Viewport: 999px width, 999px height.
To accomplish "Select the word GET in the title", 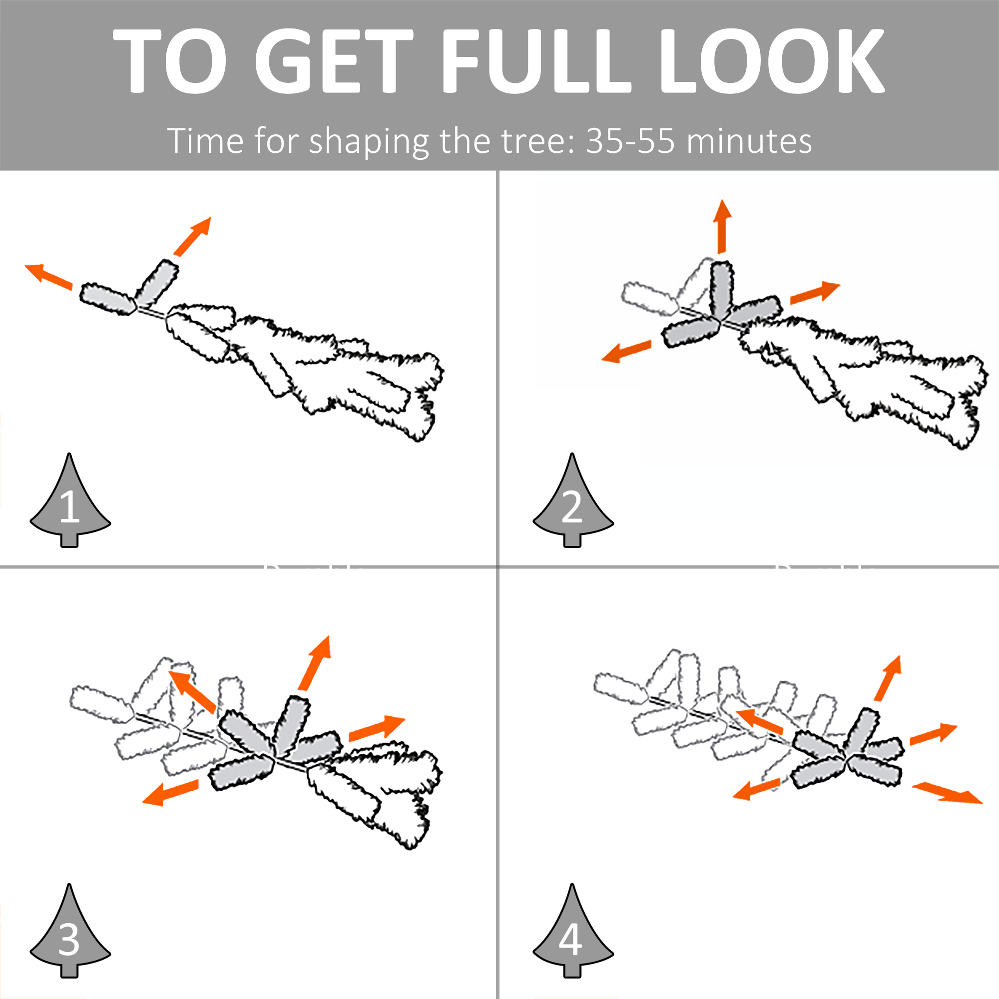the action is tap(334, 60).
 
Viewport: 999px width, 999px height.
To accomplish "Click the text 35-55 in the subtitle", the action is tap(630, 141).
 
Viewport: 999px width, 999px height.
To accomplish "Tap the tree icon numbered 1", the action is tap(70, 500).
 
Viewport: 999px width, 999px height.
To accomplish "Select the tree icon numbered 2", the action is tap(573, 500).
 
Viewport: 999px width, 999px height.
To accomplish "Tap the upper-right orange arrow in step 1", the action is tap(193, 236).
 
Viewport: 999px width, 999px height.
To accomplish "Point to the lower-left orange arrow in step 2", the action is tap(626, 351).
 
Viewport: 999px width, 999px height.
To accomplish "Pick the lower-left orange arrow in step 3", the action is tap(170, 793).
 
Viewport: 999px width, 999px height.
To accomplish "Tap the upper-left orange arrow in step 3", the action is tap(192, 692).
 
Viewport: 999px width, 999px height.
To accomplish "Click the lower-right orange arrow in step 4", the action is tap(947, 793).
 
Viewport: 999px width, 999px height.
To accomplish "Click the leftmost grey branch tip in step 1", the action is tap(107, 299).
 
